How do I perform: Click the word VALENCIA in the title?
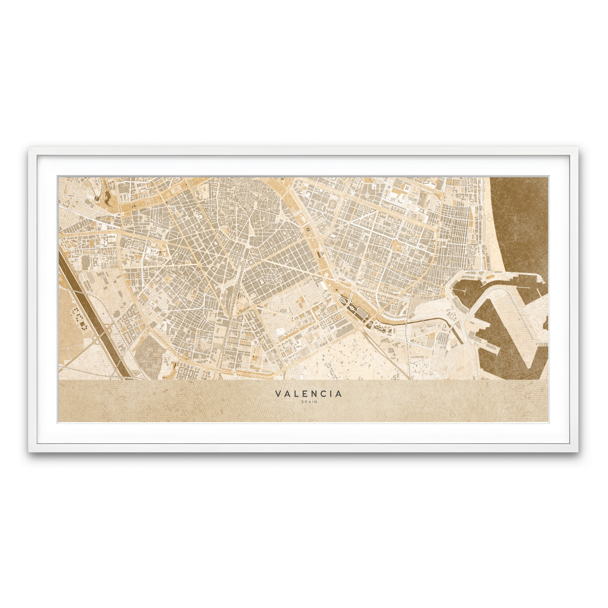pos(309,394)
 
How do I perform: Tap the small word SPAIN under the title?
pos(309,402)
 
